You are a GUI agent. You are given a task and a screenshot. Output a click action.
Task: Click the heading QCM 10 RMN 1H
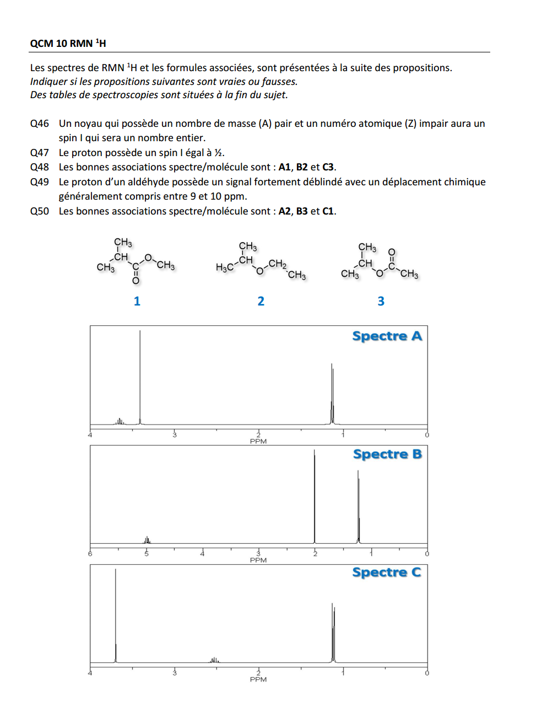coord(68,43)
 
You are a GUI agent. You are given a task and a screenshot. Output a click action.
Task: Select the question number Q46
coord(40,124)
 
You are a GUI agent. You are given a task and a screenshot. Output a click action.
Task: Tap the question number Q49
coord(40,182)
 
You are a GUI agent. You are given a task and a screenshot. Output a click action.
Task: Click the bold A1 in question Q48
coord(284,167)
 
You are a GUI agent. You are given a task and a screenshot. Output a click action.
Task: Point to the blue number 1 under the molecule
coord(137,301)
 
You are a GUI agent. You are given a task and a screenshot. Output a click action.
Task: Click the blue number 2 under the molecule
coord(261,301)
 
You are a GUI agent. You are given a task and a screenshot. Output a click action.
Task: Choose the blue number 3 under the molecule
coord(381,301)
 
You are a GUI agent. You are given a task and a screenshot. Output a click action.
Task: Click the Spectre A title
coord(387,336)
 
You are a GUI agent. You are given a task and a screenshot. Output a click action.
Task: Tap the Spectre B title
coord(387,454)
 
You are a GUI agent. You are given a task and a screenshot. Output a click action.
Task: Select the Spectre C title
coord(387,572)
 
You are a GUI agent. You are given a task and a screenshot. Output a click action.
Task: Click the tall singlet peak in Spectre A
coord(140,375)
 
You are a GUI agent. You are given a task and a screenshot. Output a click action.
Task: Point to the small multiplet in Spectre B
coord(147,540)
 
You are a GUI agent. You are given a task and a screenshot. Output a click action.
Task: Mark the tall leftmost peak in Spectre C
coord(116,612)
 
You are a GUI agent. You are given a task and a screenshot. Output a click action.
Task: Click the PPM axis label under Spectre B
coord(258,560)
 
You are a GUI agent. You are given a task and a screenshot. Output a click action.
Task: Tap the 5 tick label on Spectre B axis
coord(147,554)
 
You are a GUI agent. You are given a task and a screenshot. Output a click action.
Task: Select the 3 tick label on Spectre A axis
coord(175,435)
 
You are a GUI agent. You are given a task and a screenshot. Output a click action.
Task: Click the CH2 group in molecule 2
coord(277,264)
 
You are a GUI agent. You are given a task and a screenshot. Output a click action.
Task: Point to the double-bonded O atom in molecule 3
coord(392,252)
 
